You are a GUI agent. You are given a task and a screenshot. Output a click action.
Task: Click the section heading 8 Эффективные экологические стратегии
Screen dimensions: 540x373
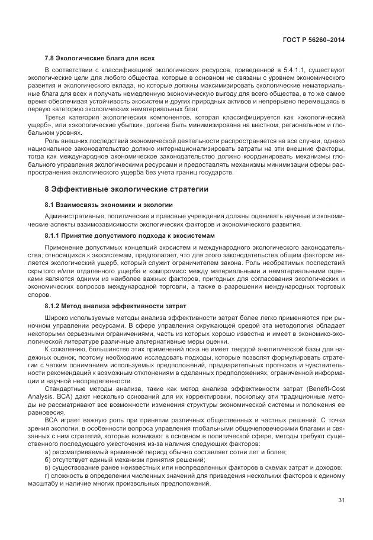tap(127, 189)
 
